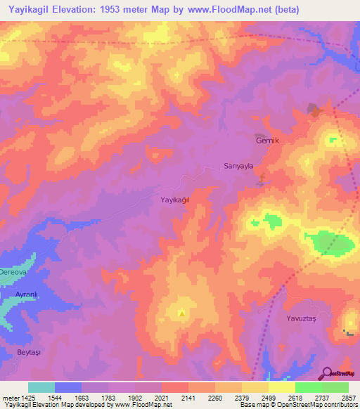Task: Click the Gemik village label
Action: (x=266, y=141)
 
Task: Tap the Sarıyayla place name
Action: (x=238, y=167)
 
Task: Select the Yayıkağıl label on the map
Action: (x=175, y=200)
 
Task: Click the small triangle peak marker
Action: (x=182, y=313)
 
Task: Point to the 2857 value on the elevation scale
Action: (x=349, y=397)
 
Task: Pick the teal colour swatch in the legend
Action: (x=41, y=387)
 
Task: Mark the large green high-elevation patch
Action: (x=331, y=244)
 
